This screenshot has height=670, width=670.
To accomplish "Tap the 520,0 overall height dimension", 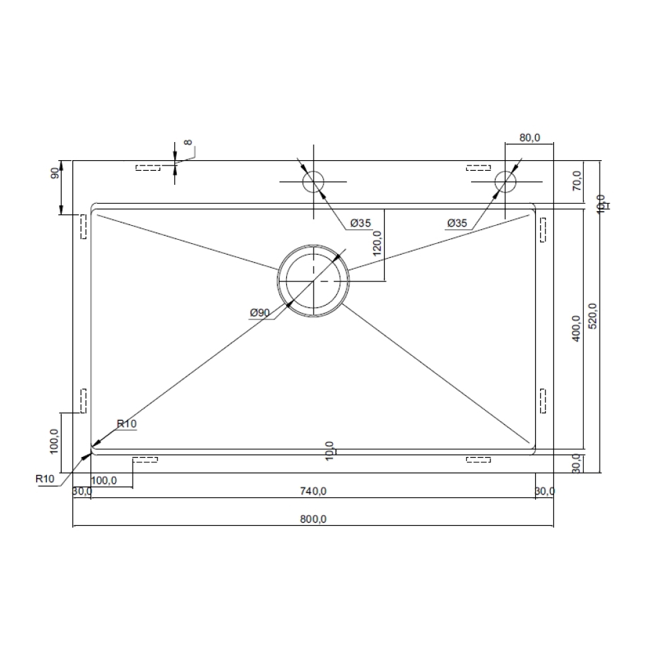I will [x=592, y=316].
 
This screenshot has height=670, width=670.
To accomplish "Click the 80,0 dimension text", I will [x=529, y=138].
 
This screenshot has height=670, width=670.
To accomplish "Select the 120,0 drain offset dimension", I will [x=377, y=243].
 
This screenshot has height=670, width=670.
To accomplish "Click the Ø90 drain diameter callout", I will [x=259, y=313].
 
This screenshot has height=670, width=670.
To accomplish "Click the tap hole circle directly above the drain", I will [x=313, y=182].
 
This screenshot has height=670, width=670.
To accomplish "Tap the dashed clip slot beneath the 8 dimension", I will [x=148, y=167].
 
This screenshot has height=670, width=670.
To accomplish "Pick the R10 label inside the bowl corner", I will [x=127, y=423].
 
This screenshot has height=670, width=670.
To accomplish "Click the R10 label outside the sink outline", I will [x=46, y=478].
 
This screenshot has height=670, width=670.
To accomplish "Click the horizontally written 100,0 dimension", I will [x=104, y=480].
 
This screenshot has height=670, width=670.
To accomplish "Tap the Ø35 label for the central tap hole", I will [x=359, y=223].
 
